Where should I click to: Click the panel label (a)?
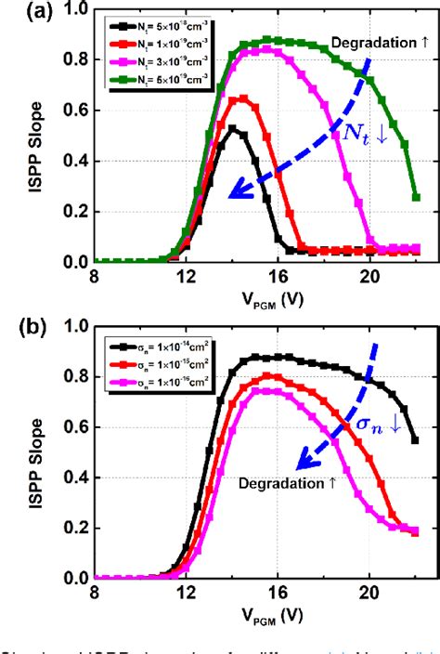point(19,13)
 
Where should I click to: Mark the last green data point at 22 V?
point(416,197)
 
